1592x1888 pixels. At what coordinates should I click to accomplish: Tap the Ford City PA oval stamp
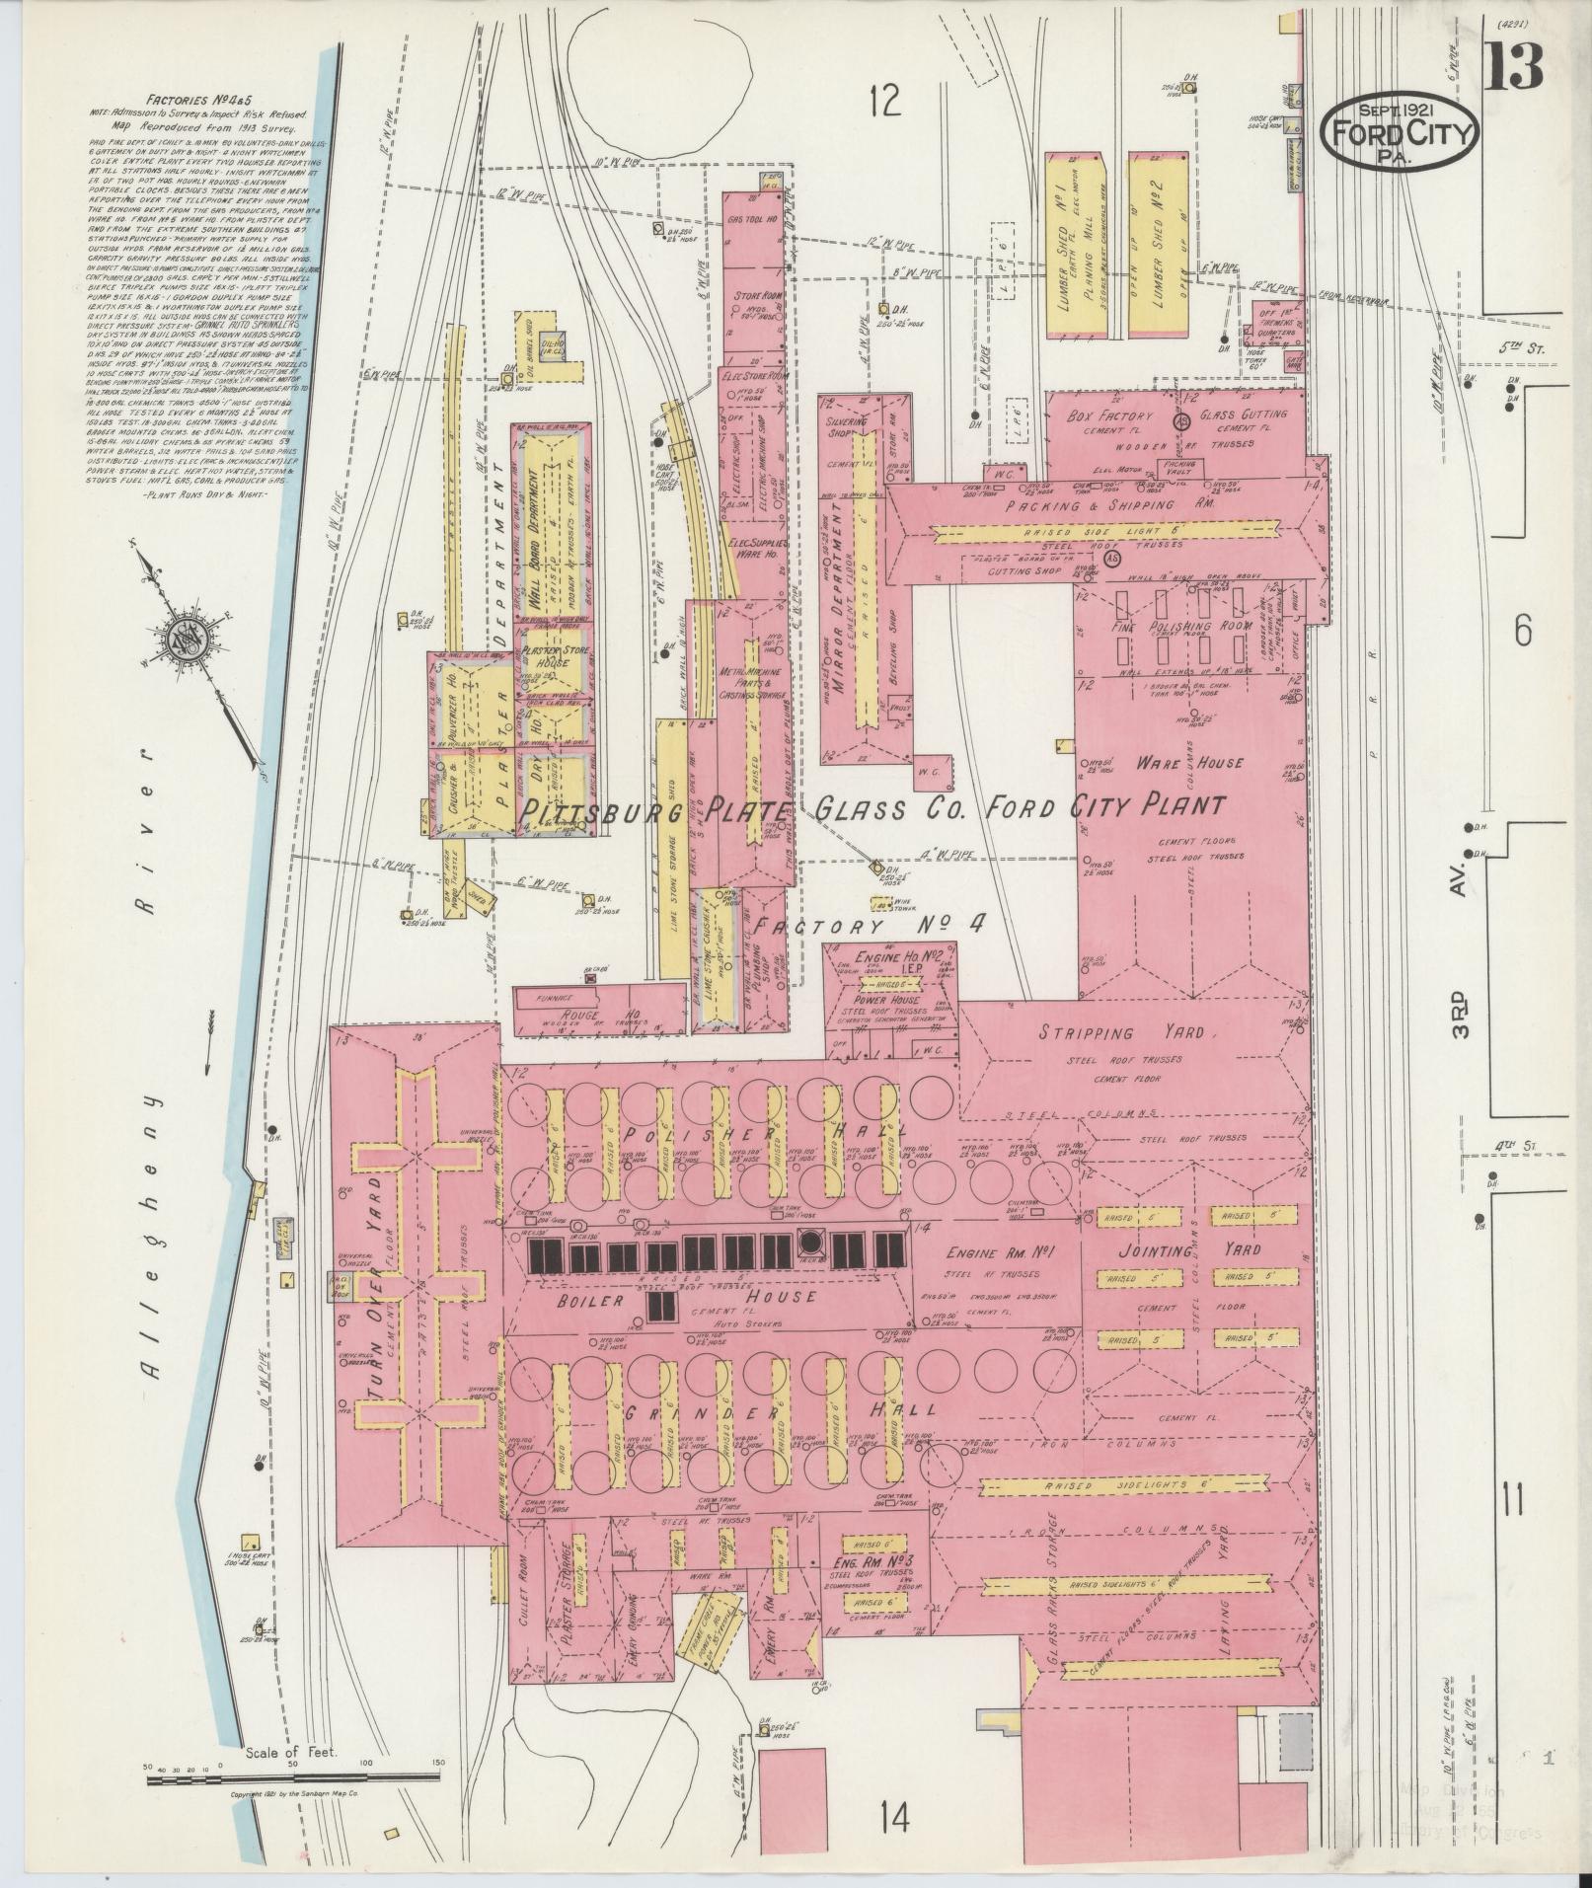[x=1401, y=132]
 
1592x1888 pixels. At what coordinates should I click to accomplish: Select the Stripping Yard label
[x=1120, y=1032]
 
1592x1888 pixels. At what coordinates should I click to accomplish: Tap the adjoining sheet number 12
[x=885, y=101]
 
